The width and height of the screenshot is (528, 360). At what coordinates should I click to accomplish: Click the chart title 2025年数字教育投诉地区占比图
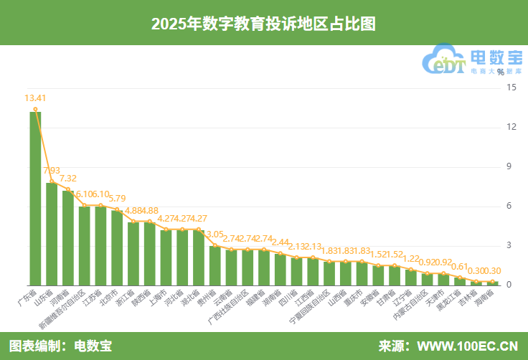tap(263, 23)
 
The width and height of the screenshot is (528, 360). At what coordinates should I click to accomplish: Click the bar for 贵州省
tap(214, 265)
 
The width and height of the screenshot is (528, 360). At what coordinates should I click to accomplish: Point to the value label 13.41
tap(35, 98)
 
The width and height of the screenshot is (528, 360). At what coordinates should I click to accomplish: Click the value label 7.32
tap(68, 179)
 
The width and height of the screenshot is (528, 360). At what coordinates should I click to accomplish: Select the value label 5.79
tap(117, 199)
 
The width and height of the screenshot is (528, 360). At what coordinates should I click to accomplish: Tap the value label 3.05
tap(214, 235)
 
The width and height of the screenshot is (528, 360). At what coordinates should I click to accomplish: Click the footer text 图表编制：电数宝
tap(60, 346)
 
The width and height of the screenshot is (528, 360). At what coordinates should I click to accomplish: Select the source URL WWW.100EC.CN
tap(467, 346)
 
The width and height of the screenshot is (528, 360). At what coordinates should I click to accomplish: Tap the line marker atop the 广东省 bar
tap(35, 109)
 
